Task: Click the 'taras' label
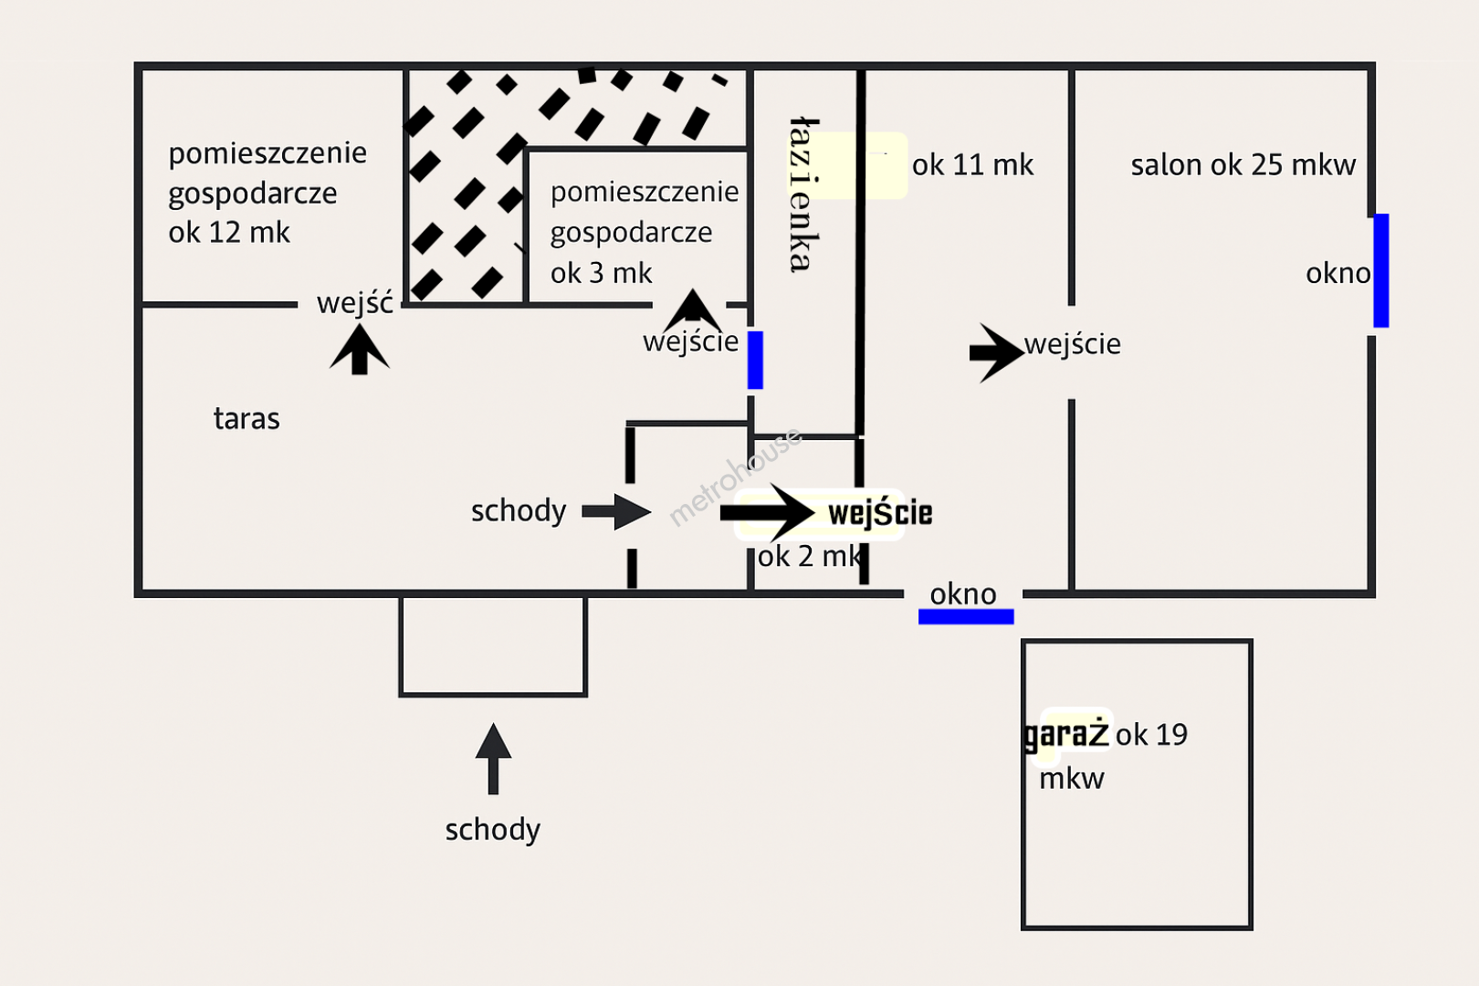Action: click(246, 418)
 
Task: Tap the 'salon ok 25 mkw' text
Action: click(1243, 164)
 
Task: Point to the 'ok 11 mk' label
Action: click(972, 164)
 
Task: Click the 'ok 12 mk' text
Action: click(229, 233)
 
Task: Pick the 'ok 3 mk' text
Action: click(601, 273)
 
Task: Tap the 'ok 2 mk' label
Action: click(809, 556)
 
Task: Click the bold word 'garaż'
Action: click(1066, 734)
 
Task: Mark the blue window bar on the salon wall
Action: click(1381, 270)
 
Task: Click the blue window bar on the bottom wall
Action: click(966, 617)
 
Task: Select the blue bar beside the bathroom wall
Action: click(755, 360)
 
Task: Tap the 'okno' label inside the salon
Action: click(1337, 273)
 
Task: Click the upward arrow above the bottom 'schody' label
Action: click(493, 757)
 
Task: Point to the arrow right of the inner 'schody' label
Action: click(617, 511)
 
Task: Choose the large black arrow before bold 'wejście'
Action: click(767, 512)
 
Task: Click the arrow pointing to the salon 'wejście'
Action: click(995, 351)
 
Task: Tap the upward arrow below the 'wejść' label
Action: click(360, 350)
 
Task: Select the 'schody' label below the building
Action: click(493, 829)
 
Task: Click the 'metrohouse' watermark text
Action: click(735, 477)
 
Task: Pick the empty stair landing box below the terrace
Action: click(493, 645)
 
